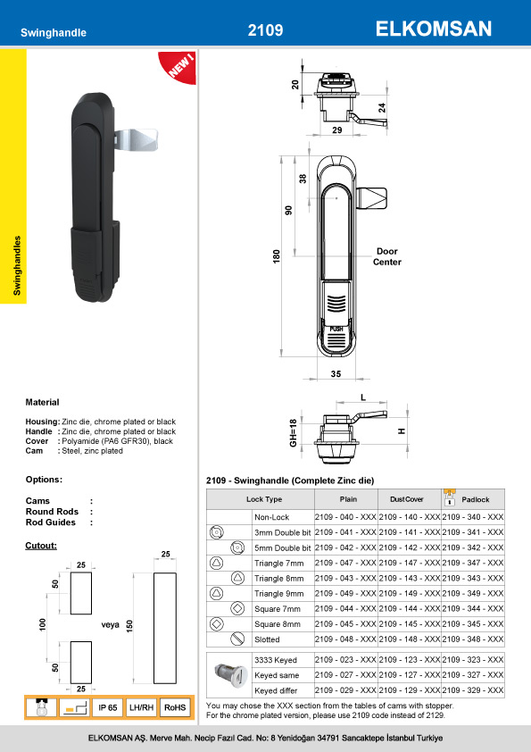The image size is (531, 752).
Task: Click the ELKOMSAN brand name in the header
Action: tap(433, 29)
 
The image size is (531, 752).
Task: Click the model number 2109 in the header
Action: tap(265, 30)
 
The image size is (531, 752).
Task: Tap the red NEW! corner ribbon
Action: tap(178, 67)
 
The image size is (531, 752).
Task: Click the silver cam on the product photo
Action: tap(136, 139)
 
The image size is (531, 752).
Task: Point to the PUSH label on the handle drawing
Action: tap(336, 329)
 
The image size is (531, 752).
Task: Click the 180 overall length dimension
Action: tap(277, 256)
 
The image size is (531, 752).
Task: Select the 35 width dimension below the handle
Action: tap(336, 373)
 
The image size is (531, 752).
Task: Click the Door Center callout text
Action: tap(387, 256)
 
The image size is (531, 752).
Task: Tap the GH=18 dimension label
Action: tap(294, 432)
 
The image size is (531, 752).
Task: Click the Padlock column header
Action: tap(476, 499)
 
